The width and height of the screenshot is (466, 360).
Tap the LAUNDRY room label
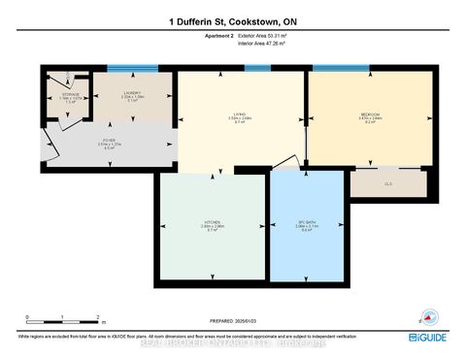tap(133, 94)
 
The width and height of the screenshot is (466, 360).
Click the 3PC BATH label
tap(308, 226)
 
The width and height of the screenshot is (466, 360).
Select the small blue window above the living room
tap(257, 69)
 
